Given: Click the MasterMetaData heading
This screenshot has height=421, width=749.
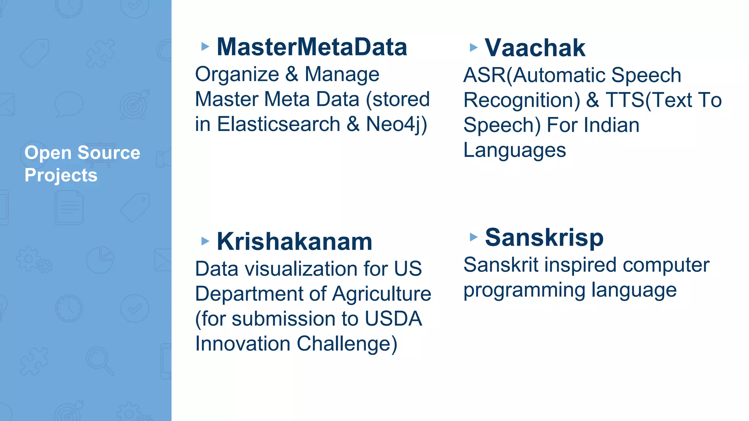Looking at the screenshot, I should (x=312, y=47).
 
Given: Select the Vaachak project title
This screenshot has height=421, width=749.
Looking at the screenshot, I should (x=535, y=48).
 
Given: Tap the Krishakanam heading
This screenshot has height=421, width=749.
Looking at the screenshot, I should (x=294, y=242).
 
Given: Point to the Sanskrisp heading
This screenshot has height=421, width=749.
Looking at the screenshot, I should (x=544, y=238).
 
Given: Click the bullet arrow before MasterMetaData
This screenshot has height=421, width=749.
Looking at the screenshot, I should (x=205, y=47).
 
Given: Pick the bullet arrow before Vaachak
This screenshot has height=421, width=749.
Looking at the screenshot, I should (x=474, y=48).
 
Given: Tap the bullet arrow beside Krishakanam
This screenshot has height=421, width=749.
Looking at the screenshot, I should (x=205, y=241).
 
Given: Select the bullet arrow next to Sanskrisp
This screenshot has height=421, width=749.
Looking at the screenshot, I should (x=474, y=237).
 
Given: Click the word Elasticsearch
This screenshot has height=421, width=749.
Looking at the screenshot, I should (x=279, y=124).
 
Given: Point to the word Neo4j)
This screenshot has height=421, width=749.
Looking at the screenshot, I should (x=396, y=124).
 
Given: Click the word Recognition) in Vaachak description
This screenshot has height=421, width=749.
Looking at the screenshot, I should (x=522, y=100).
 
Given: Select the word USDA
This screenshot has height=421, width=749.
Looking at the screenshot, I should (x=393, y=319).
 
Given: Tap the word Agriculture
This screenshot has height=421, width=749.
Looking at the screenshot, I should (x=382, y=294).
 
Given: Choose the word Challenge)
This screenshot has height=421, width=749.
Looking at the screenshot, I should (x=347, y=344).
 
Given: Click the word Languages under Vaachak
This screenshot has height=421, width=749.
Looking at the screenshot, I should (x=515, y=150).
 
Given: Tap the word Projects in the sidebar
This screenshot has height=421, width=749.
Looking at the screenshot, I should (x=61, y=175).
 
